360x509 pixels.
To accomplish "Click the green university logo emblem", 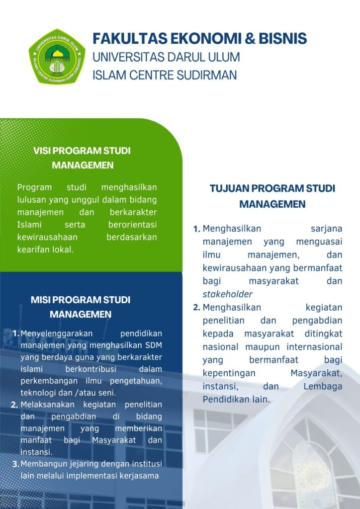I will coord(57,56).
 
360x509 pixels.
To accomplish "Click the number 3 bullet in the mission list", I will coord(15,464).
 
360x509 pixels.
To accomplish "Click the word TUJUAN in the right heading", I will coord(229,189).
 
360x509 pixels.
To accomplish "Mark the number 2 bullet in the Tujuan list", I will coord(197,307).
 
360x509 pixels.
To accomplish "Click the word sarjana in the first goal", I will coord(327,229).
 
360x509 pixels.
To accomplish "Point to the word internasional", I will coord(312,346).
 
